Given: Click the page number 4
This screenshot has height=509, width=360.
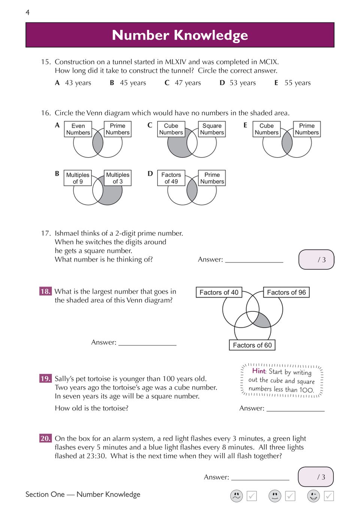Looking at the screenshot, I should tap(27, 13).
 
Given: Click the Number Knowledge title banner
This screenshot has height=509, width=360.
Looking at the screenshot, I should tap(180, 35).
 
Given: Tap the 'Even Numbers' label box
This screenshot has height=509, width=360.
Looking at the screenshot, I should tap(78, 129).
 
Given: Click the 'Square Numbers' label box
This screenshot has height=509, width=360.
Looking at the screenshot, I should tap(212, 129).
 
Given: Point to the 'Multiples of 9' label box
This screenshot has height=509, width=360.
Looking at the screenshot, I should tap(78, 178).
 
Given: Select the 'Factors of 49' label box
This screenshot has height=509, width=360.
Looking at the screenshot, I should tap(171, 178).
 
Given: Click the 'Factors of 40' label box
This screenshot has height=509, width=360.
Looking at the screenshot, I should tap(219, 292).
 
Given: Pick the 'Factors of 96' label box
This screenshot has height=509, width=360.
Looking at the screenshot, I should tap(286, 292).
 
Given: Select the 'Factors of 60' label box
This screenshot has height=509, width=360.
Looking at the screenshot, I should tap(252, 345).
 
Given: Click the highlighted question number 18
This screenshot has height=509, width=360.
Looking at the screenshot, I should tap(45, 291).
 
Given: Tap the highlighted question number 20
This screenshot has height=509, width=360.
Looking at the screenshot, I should tap(45, 438).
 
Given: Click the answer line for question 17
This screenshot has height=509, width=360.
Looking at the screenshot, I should tap(254, 260).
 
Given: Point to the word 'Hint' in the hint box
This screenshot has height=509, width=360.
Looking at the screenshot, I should tap(259, 371).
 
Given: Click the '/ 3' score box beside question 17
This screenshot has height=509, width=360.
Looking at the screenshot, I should tap(316, 259).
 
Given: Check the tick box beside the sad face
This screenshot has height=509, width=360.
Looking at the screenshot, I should tap(252, 496).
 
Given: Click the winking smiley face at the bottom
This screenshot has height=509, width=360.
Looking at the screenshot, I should tap(314, 496).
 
